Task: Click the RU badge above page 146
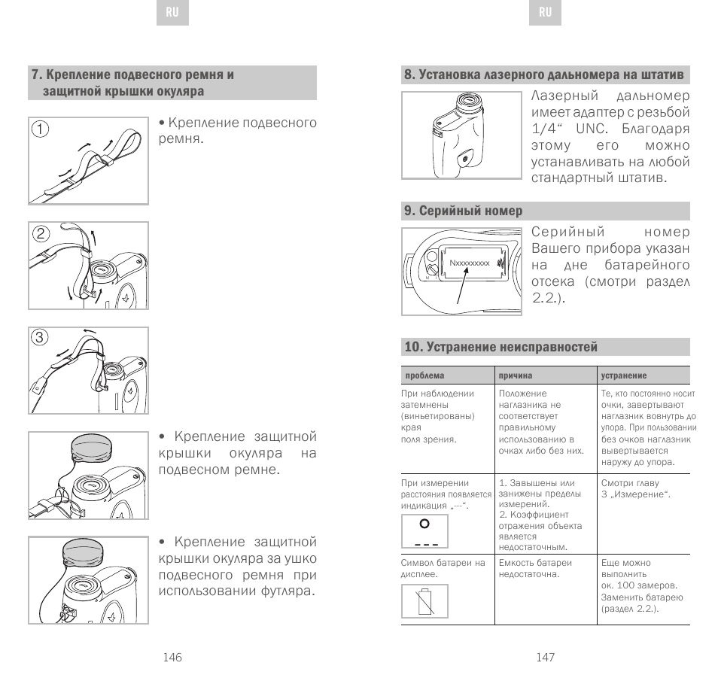[x=172, y=13]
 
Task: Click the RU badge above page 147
[x=546, y=13]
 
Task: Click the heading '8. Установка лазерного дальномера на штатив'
[x=544, y=74]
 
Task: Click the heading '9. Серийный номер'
[x=464, y=211]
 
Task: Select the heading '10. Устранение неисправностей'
[x=501, y=347]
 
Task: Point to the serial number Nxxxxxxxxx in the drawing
[x=470, y=263]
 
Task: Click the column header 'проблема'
[x=424, y=375]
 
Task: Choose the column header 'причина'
[x=516, y=375]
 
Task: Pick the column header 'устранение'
[x=624, y=375]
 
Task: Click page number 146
[x=172, y=657]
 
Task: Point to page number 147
[x=546, y=657]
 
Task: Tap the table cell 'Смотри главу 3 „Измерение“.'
[x=636, y=488]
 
